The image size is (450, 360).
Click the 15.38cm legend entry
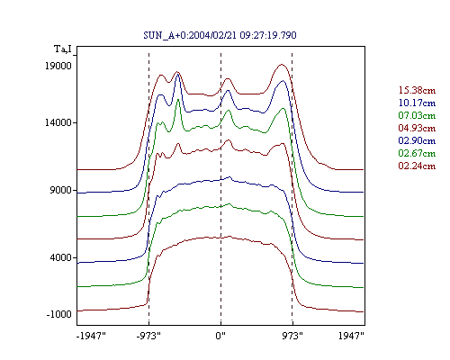[417, 90]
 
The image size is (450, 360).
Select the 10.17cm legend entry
[417, 103]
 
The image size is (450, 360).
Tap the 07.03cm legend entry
[417, 115]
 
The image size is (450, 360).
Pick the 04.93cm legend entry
[417, 128]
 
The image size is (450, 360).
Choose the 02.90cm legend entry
[417, 140]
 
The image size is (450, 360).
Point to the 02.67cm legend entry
[417, 153]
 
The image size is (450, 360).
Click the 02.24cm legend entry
[417, 166]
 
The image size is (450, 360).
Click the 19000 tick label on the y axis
[58, 66]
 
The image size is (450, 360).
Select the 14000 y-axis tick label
[58, 122]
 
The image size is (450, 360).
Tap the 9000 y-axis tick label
[61, 190]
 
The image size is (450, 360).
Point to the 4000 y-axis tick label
[61, 257]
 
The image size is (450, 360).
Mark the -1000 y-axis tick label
[59, 314]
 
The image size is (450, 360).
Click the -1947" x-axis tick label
[91, 336]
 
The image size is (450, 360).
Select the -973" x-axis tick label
[148, 336]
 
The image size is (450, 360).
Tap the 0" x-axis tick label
[220, 336]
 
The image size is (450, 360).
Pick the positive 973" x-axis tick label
[292, 336]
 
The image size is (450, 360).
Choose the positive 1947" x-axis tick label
[351, 336]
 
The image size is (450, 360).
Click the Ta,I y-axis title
[63, 49]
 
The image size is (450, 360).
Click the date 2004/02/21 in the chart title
[213, 35]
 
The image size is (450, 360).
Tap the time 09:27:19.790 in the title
[268, 35]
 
